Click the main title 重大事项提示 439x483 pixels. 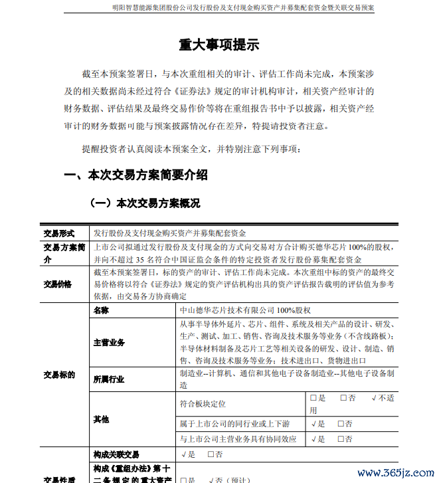219,45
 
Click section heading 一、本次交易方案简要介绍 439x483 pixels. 135,175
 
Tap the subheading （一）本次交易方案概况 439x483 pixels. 145,203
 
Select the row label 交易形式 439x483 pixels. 59,233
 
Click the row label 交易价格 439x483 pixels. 58,284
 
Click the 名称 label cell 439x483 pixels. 101,310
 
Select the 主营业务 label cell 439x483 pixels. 109,343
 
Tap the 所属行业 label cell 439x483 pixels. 109,379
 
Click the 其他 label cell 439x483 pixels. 101,420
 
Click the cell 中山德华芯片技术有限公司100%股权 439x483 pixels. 245,310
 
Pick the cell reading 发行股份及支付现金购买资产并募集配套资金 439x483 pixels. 169,233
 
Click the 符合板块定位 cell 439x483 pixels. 203,403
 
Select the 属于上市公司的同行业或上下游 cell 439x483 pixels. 235,423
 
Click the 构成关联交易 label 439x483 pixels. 116,454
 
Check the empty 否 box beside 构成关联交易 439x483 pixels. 211,454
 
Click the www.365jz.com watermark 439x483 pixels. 395,473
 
